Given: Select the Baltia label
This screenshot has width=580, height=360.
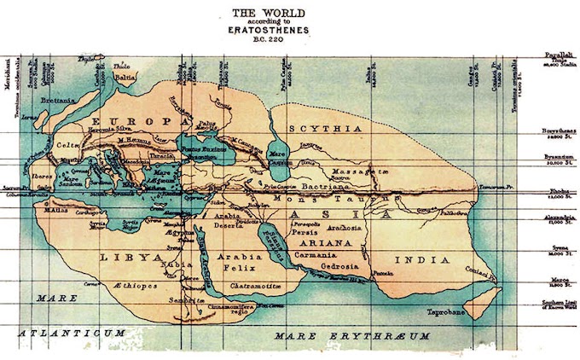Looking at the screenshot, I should tap(125, 77).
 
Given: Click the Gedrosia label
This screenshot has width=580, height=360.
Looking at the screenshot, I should tap(339, 266).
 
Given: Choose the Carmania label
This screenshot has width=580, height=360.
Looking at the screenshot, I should tap(312, 254).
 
